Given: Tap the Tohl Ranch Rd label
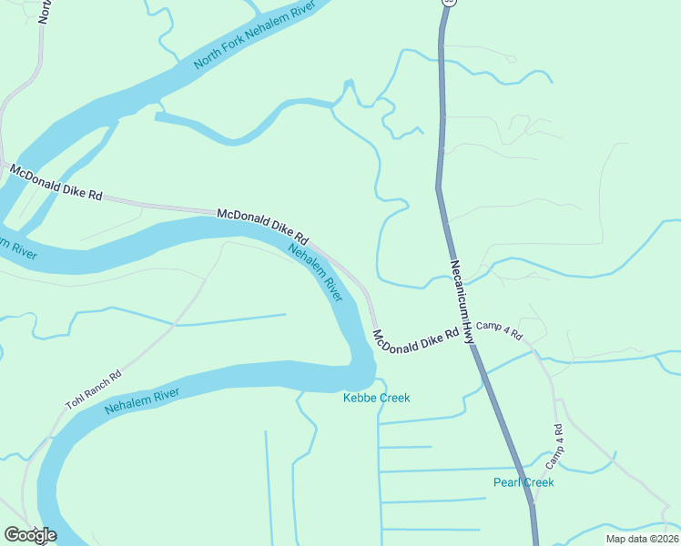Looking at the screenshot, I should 93,389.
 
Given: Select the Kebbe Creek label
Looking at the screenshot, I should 376,398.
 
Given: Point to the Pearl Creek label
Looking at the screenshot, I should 523,482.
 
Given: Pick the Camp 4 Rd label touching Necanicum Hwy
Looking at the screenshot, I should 500,330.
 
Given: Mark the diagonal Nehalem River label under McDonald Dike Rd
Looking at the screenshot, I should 315,272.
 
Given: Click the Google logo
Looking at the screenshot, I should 30,534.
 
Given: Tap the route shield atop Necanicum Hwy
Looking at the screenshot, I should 446,3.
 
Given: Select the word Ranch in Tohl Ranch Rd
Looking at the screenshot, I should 94,389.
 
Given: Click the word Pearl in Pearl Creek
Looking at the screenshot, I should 507,482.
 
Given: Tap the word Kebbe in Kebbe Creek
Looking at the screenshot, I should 360,398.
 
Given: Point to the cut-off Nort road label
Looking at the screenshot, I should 42,11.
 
